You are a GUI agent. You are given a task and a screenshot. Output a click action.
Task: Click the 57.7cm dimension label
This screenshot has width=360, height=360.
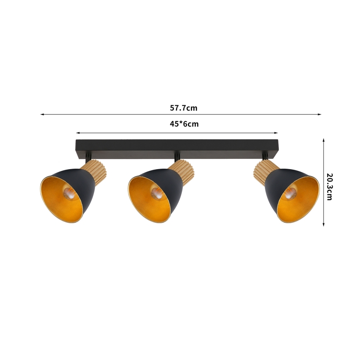[x=183, y=108]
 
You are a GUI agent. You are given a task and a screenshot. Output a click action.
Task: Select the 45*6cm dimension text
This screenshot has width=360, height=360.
[x=184, y=124]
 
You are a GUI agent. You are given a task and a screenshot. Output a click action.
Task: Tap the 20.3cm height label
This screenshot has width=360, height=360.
[x=329, y=186]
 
